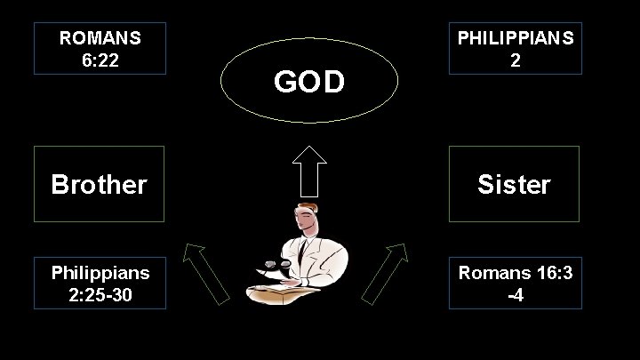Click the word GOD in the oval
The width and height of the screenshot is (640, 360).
(x=308, y=83)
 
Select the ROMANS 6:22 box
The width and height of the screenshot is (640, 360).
(x=99, y=48)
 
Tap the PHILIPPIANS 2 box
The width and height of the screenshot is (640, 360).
(x=516, y=48)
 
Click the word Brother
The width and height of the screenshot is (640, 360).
(x=99, y=184)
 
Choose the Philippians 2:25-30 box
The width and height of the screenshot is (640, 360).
(x=99, y=283)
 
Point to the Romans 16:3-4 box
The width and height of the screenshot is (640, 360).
(x=516, y=283)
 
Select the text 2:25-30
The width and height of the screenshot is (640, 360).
(x=100, y=294)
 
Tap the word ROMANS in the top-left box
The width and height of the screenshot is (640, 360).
(x=100, y=38)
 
